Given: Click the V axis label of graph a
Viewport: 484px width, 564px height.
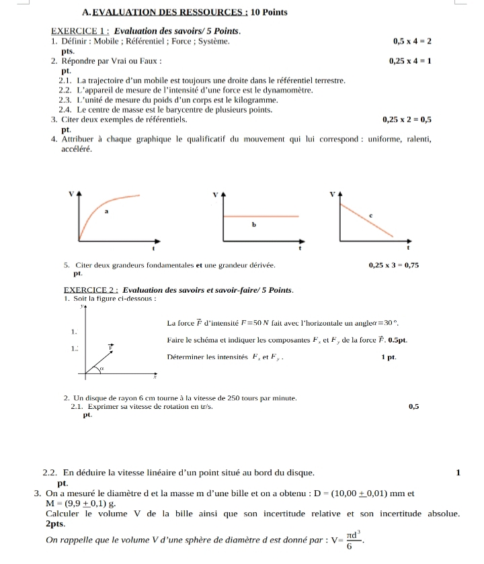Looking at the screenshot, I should (72, 193).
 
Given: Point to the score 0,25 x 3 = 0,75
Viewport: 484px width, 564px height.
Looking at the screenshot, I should (394, 265).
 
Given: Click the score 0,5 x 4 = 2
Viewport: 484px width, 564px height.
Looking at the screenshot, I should (412, 42).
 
